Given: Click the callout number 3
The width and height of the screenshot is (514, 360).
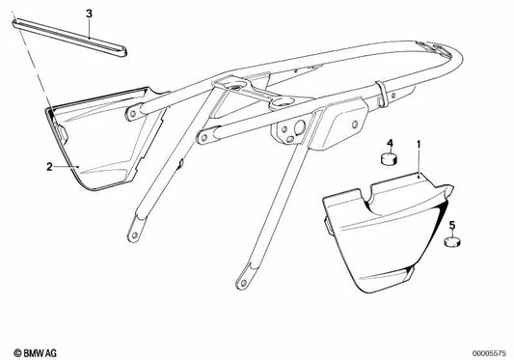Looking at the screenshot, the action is click(x=89, y=14).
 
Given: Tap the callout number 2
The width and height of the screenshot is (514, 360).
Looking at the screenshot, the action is click(x=49, y=167).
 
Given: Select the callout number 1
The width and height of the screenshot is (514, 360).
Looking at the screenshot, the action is click(x=419, y=145).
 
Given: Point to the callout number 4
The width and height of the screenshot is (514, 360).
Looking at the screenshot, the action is click(x=390, y=143).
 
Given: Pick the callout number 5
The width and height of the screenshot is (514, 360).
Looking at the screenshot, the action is click(x=452, y=225).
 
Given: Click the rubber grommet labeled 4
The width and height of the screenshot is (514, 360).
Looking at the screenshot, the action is click(x=389, y=158).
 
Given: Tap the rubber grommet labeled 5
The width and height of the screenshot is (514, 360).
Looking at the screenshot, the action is click(x=452, y=242).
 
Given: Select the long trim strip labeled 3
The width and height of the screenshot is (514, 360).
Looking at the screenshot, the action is click(x=69, y=39).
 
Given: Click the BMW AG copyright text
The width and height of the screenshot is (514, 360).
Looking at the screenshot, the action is click(x=36, y=353).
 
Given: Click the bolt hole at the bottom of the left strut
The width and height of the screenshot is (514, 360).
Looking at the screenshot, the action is click(x=134, y=235).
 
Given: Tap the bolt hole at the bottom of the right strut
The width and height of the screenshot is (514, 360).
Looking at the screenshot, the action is click(x=243, y=283).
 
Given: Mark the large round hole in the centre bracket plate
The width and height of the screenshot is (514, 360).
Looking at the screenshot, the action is click(x=300, y=127).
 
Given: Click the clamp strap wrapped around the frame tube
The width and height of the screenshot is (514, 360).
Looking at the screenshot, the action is click(x=382, y=95).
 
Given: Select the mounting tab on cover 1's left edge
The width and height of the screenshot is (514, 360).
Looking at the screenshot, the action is click(x=328, y=227).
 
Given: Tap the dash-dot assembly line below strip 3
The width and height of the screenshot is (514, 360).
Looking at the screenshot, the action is click(x=32, y=64).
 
